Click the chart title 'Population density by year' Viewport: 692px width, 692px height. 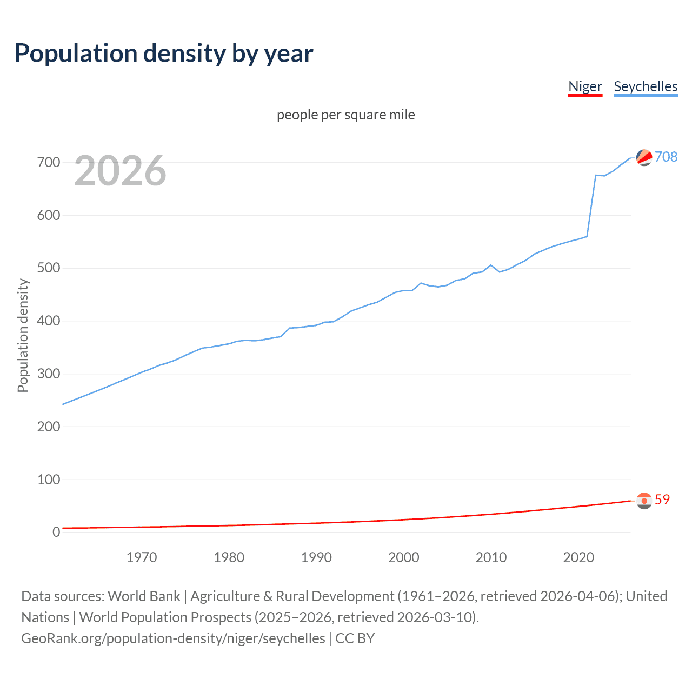tap(164, 53)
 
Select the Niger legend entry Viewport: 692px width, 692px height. tap(585, 86)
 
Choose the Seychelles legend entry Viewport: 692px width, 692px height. tap(646, 86)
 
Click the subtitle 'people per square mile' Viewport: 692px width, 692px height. tap(346, 115)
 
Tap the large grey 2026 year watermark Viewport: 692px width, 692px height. tap(120, 171)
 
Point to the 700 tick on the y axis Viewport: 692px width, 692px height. tap(48, 162)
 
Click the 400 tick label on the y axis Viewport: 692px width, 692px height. tap(48, 321)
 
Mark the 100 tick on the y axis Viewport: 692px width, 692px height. tap(48, 480)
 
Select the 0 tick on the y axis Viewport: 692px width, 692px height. tap(56, 532)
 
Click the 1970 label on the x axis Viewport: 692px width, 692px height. tap(142, 557)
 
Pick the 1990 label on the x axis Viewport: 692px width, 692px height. tap(316, 557)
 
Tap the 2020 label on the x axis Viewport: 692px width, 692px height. tap(578, 557)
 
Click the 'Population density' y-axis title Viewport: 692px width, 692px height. tap(23, 335)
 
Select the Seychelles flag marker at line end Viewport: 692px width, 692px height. tap(644, 157)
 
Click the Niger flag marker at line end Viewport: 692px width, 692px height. tap(644, 501)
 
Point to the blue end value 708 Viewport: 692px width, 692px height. tap(666, 157)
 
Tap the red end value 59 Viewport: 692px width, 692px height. tap(662, 500)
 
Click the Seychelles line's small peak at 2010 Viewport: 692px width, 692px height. tap(491, 265)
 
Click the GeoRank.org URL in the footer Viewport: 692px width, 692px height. tap(173, 638)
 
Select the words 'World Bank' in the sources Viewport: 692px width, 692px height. tap(144, 596)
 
